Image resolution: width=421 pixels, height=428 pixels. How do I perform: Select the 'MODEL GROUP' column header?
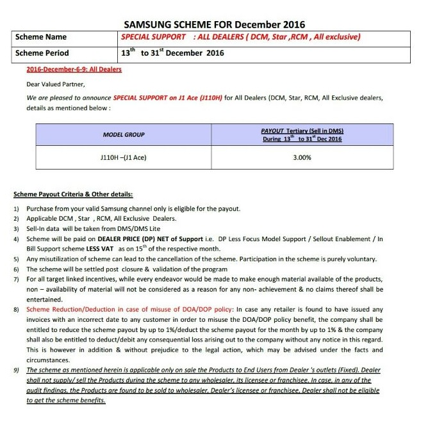pos(124,135)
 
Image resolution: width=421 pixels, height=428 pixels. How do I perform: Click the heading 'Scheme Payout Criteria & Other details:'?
pos(73,194)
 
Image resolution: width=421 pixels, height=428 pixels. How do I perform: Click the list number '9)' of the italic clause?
pos(16,370)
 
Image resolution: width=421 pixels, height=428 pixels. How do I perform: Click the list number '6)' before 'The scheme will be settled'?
pos(16,269)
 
